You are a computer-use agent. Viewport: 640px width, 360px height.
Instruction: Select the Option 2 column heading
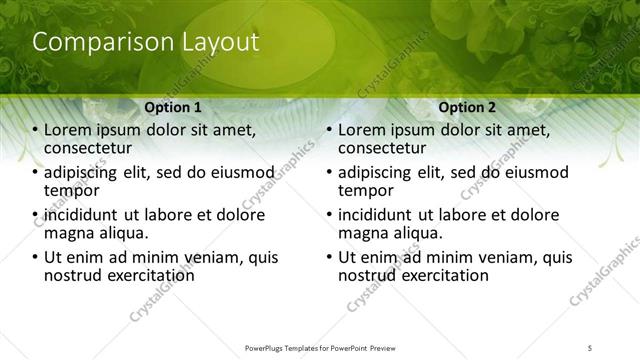coord(467,106)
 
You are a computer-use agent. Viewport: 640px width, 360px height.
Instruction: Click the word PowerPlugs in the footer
coord(266,347)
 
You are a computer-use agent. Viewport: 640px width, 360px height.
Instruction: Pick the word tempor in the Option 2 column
coord(366,190)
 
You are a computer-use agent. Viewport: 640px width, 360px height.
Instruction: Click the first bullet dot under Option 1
coord(36,130)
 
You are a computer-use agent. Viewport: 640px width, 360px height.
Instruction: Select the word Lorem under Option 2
coord(362,129)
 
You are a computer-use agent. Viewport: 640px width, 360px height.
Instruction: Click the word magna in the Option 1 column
coord(69,233)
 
